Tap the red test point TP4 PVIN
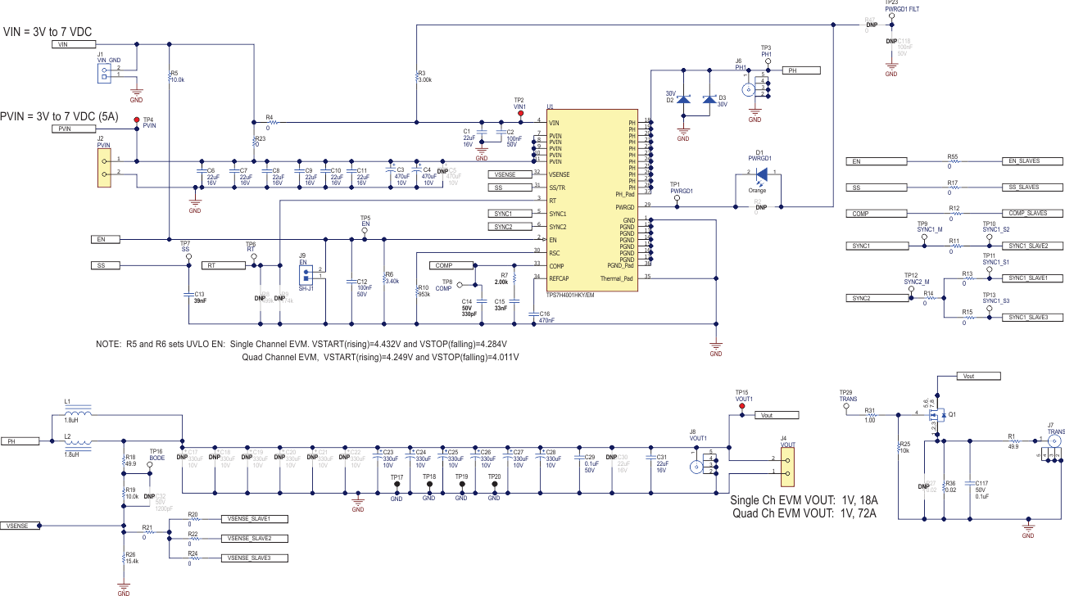(136, 120)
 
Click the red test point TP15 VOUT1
(742, 405)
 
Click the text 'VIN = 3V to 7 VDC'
(48, 32)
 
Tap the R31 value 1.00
(870, 422)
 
